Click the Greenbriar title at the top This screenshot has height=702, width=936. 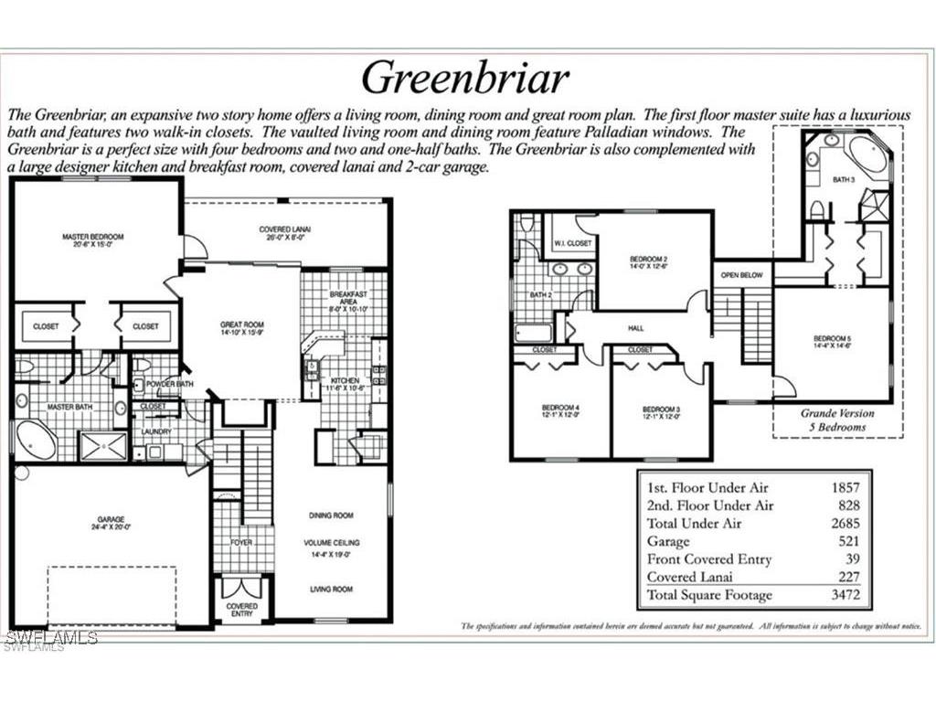click(x=465, y=78)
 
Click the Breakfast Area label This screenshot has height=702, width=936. click(x=347, y=299)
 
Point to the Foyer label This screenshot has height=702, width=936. click(x=241, y=542)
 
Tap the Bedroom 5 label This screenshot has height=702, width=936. click(x=832, y=343)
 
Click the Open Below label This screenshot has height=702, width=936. click(x=741, y=274)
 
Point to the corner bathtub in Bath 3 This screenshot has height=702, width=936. click(x=865, y=154)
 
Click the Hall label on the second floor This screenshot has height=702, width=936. click(x=636, y=326)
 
